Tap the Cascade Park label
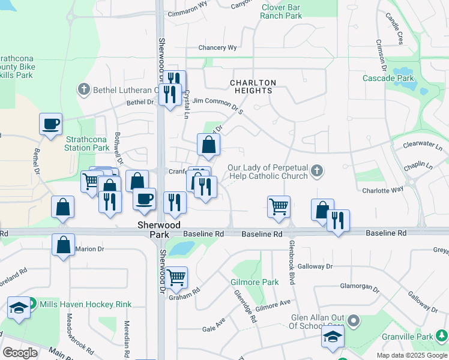pyautogui.click(x=388, y=78)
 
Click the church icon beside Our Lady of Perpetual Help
pyautogui.click(x=318, y=172)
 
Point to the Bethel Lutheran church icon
pyautogui.click(x=83, y=89)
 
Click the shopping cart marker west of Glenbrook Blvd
pyautogui.click(x=279, y=206)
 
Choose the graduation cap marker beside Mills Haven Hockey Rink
pyautogui.click(x=19, y=308)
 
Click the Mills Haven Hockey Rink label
pyautogui.click(x=85, y=304)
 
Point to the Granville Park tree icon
pyautogui.click(x=442, y=335)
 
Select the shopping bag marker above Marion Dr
pyautogui.click(x=63, y=244)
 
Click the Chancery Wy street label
pyautogui.click(x=218, y=48)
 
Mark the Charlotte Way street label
pyautogui.click(x=382, y=190)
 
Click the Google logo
pyautogui.click(x=20, y=353)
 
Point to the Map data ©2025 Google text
pyautogui.click(x=411, y=355)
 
